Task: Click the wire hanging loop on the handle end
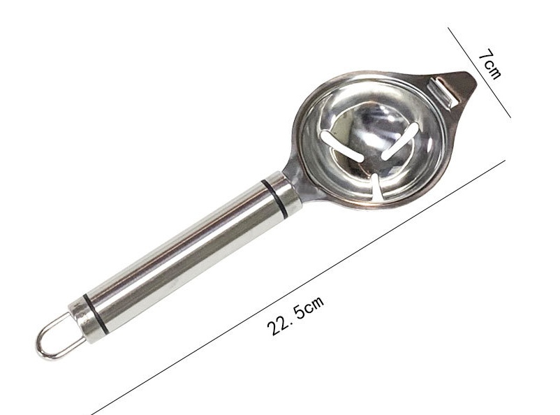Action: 57,336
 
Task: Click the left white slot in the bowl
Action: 341,146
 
